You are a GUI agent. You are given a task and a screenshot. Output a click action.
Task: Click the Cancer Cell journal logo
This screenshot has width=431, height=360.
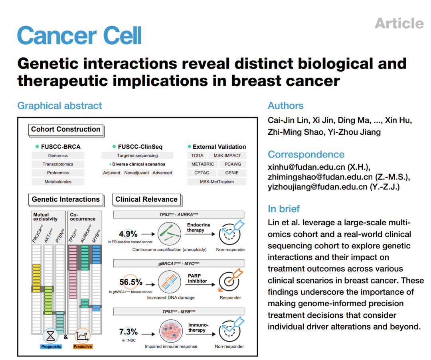(79, 35)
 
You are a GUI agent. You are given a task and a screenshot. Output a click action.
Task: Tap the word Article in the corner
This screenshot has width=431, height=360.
(399, 23)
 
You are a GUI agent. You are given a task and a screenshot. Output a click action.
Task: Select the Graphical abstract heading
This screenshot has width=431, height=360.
(59, 106)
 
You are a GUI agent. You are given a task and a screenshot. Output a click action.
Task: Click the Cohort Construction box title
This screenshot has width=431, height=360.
(66, 129)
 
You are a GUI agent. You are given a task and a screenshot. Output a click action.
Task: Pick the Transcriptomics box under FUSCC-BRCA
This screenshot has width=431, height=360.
(58, 164)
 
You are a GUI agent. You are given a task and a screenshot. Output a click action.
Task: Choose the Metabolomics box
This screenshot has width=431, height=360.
(58, 182)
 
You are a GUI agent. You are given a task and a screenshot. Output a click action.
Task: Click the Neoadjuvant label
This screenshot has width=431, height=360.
(137, 173)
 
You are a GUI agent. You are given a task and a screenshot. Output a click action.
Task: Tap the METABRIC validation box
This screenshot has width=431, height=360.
(202, 164)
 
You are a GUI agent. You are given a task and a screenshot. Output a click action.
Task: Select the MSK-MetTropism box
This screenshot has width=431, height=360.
(217, 182)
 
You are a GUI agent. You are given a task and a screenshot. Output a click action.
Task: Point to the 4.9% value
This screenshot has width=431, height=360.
(129, 234)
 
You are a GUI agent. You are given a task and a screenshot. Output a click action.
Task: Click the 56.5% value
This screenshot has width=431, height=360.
(131, 282)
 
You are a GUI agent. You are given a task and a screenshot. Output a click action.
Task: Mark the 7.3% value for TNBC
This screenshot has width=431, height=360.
(129, 332)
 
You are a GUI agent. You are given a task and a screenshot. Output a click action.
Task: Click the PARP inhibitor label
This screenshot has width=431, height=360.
(198, 278)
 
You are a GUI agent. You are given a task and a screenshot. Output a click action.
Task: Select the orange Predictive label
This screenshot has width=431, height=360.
(83, 346)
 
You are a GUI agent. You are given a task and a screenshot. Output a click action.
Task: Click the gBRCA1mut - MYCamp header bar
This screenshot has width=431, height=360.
(178, 264)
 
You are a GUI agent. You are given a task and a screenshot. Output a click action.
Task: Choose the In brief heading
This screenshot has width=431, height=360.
(284, 209)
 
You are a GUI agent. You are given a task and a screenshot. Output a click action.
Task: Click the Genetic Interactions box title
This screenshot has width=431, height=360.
(66, 199)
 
